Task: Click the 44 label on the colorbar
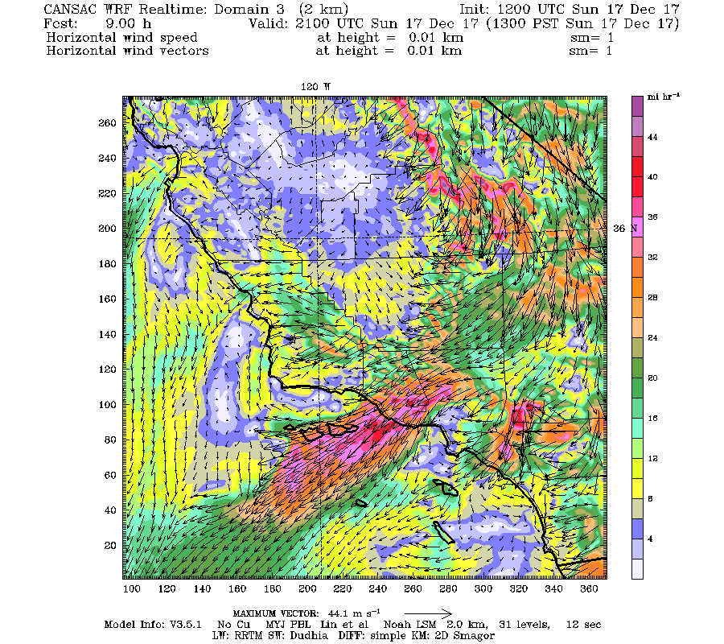coord(653,138)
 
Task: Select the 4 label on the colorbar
coord(653,538)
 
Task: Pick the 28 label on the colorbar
coord(653,298)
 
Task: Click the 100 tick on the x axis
coord(132,590)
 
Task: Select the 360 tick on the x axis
coord(588,590)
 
